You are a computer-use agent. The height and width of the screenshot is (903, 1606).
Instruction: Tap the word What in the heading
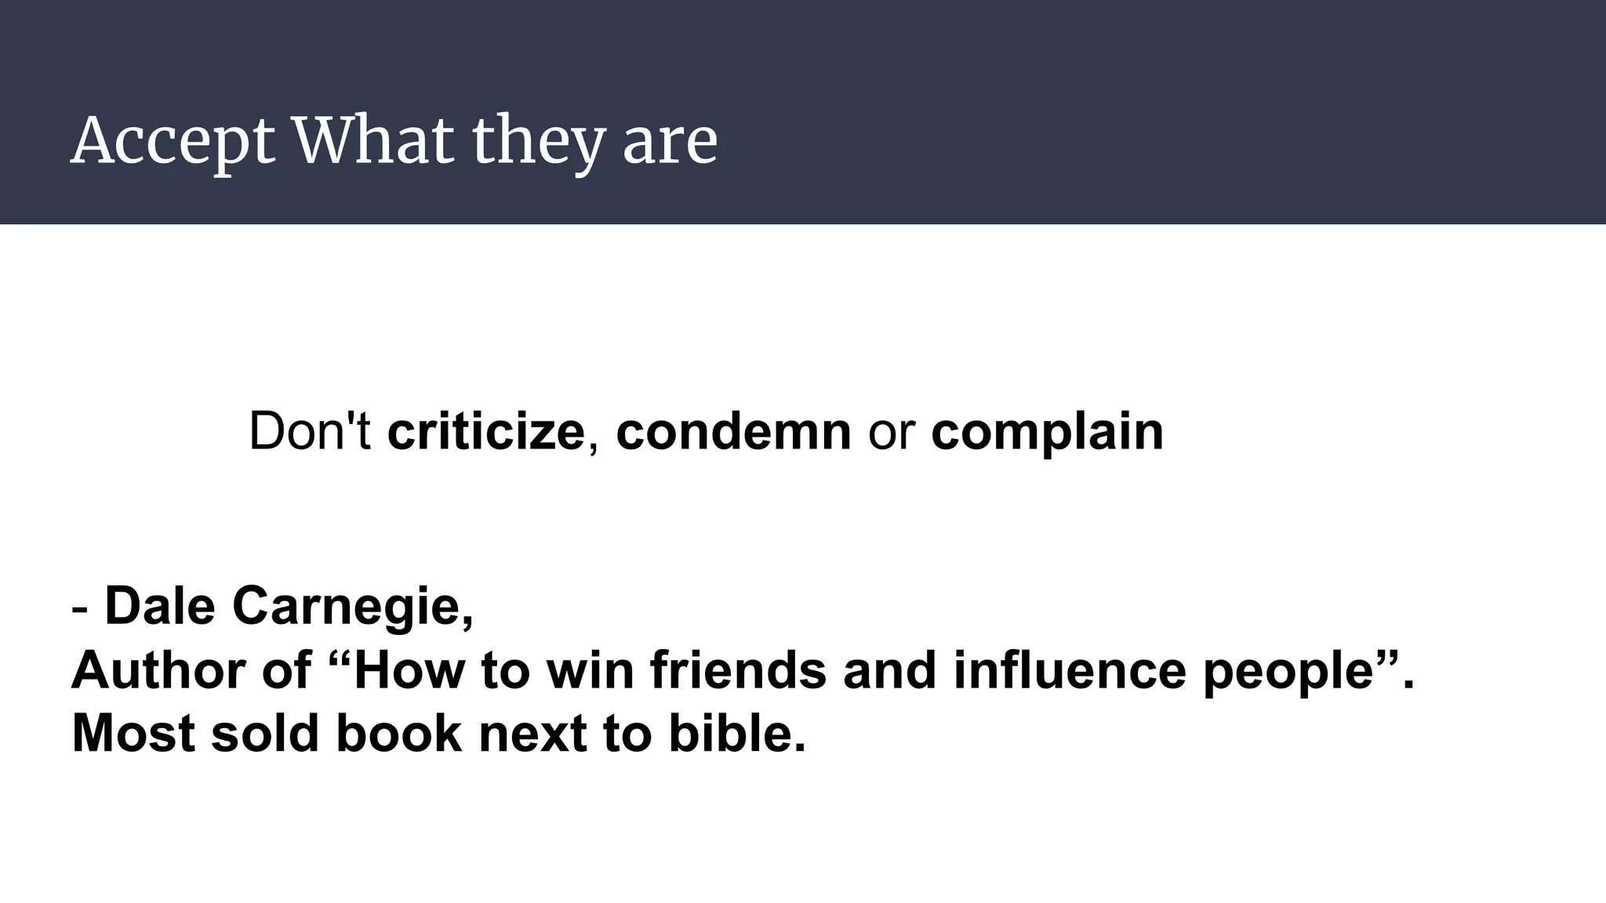[x=373, y=140]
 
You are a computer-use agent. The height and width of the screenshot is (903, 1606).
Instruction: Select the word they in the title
[x=538, y=142]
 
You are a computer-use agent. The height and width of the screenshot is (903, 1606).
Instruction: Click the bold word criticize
[x=486, y=431]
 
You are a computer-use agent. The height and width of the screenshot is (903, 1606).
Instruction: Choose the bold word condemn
[x=733, y=431]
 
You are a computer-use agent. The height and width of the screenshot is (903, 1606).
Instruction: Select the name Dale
[x=159, y=606]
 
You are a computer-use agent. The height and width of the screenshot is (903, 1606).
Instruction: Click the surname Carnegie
[x=352, y=607]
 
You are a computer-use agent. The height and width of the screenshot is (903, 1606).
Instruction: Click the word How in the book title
[x=409, y=670]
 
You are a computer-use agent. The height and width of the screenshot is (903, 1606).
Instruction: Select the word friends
[x=738, y=670]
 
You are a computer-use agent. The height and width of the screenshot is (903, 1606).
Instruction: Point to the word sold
[x=265, y=734]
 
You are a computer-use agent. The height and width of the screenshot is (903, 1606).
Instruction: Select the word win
[x=590, y=670]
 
